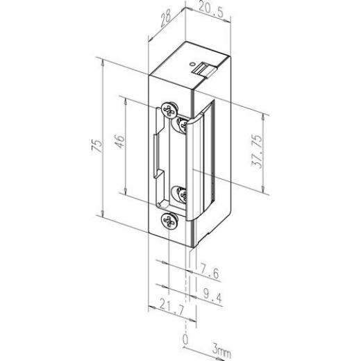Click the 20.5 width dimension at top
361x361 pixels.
coord(205,10)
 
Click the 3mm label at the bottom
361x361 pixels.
coord(221,353)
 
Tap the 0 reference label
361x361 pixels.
coord(185,339)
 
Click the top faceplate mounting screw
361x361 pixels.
coord(168,108)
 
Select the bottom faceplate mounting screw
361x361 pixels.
coord(168,220)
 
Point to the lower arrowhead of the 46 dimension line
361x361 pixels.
coord(124,195)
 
